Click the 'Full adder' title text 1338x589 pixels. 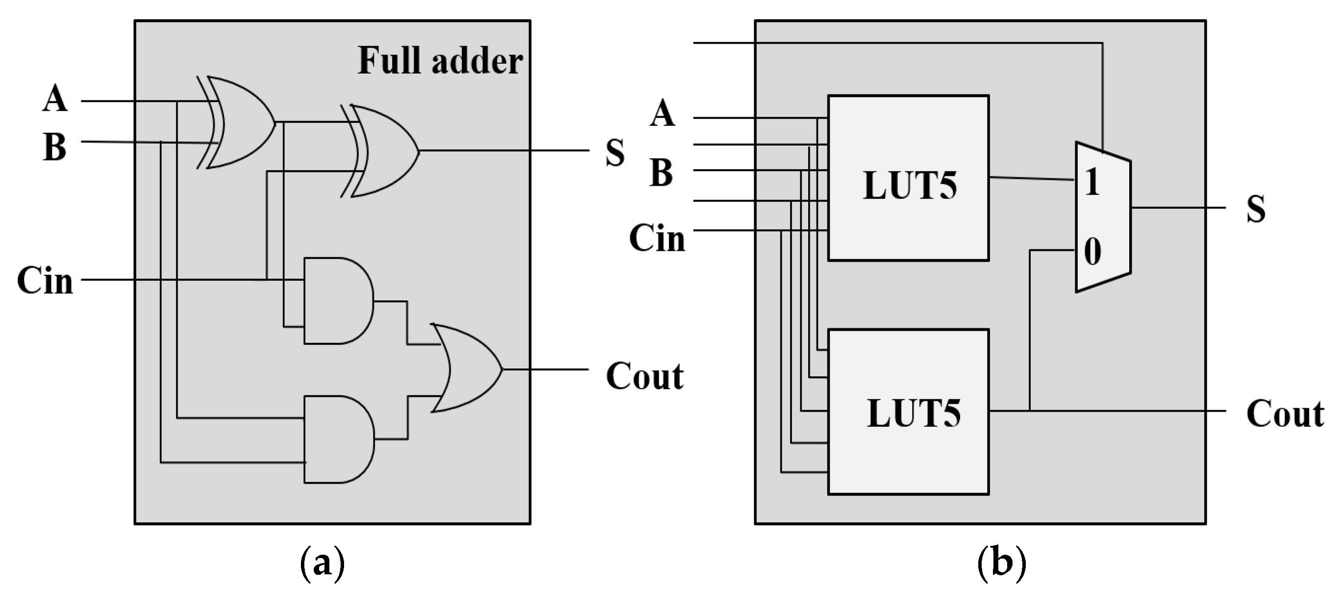(440, 61)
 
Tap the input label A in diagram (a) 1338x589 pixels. (55, 98)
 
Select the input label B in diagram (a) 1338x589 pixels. (55, 147)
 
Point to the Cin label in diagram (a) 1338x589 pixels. (45, 281)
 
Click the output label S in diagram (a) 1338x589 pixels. (615, 153)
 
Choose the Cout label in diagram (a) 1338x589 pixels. (644, 376)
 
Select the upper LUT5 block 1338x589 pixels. (908, 178)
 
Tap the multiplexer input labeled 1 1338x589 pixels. (1092, 182)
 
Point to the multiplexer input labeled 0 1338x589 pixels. (1092, 252)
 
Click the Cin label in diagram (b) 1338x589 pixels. (657, 239)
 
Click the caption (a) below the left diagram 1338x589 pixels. (322, 563)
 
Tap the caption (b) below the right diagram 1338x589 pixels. (1001, 563)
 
